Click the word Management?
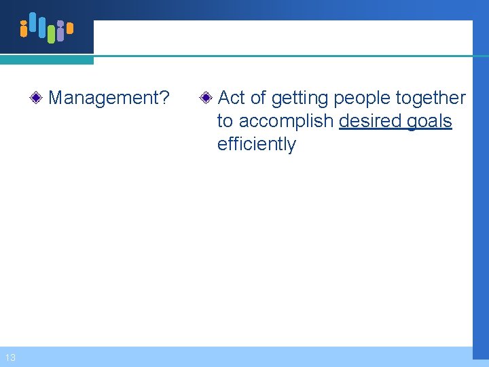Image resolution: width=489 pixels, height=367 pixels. pyautogui.click(x=109, y=98)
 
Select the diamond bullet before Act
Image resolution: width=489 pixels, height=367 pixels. pyautogui.click(x=206, y=99)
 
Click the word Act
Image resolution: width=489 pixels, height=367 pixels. pyautogui.click(x=232, y=98)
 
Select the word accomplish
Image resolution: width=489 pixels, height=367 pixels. pyautogui.click(x=286, y=122)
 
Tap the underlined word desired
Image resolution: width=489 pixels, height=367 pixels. pyautogui.click(x=370, y=121)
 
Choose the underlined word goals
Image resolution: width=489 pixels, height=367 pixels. pyautogui.click(x=429, y=122)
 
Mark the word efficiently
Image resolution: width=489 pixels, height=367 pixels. pyautogui.click(x=256, y=144)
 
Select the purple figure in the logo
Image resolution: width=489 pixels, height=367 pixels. pyautogui.click(x=60, y=31)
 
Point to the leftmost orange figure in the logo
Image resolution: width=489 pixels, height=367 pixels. pyautogui.click(x=24, y=28)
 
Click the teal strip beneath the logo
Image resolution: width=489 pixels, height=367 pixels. pyautogui.click(x=46, y=60)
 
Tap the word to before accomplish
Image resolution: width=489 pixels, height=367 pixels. pyautogui.click(x=225, y=122)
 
